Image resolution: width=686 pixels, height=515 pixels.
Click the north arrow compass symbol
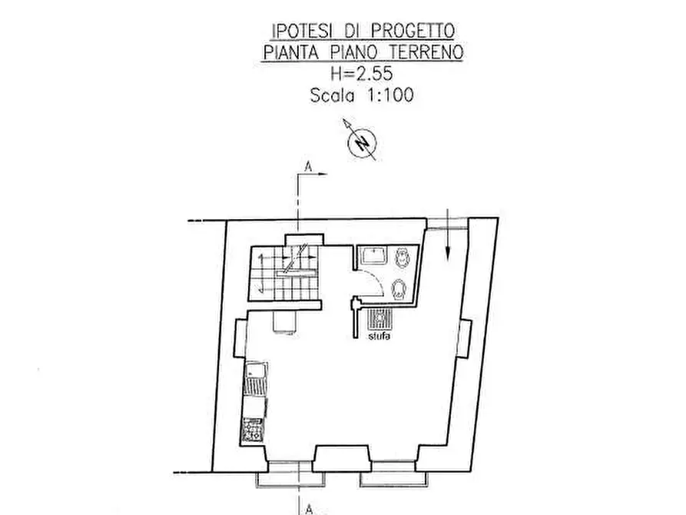click(360, 141)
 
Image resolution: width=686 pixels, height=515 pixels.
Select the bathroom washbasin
click(373, 254)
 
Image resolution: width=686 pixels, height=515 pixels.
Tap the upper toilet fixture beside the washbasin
click(400, 260)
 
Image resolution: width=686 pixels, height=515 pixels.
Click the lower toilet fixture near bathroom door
click(399, 291)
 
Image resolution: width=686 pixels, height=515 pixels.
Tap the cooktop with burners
click(252, 429)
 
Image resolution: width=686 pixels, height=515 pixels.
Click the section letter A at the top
click(308, 166)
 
